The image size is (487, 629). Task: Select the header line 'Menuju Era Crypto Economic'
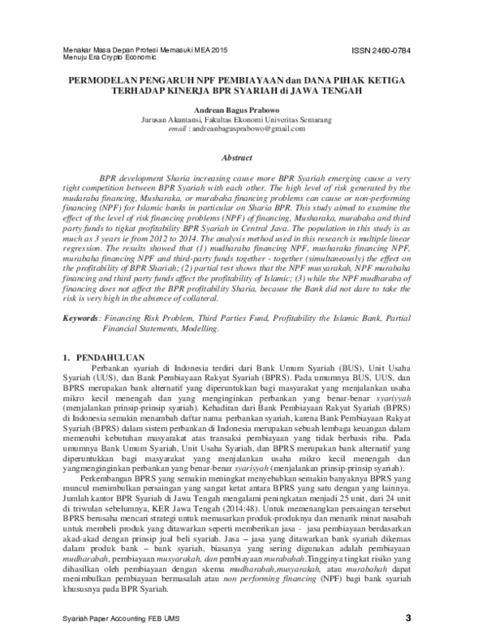(x=106, y=59)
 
